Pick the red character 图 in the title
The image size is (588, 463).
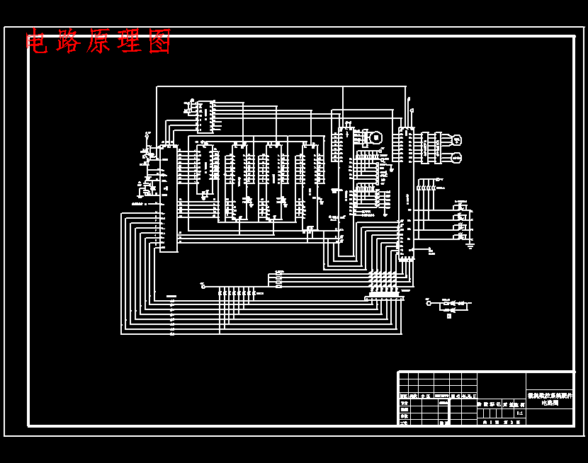tap(160, 42)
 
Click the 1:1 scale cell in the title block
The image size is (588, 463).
tap(519, 413)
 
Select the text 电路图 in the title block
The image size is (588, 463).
tap(550, 403)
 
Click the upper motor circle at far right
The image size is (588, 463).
tap(456, 140)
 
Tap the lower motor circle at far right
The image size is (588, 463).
tap(456, 157)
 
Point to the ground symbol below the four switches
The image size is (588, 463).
tap(470, 245)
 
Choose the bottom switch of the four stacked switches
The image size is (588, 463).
tap(461, 236)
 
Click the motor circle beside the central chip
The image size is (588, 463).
tap(375, 137)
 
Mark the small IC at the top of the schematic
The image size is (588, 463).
tap(205, 117)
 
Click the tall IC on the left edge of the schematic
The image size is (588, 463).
tap(168, 198)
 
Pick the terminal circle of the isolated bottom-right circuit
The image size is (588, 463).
tap(429, 302)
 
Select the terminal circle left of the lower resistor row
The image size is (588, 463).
tap(203, 287)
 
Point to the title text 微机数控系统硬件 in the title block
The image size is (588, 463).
tap(550, 396)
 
